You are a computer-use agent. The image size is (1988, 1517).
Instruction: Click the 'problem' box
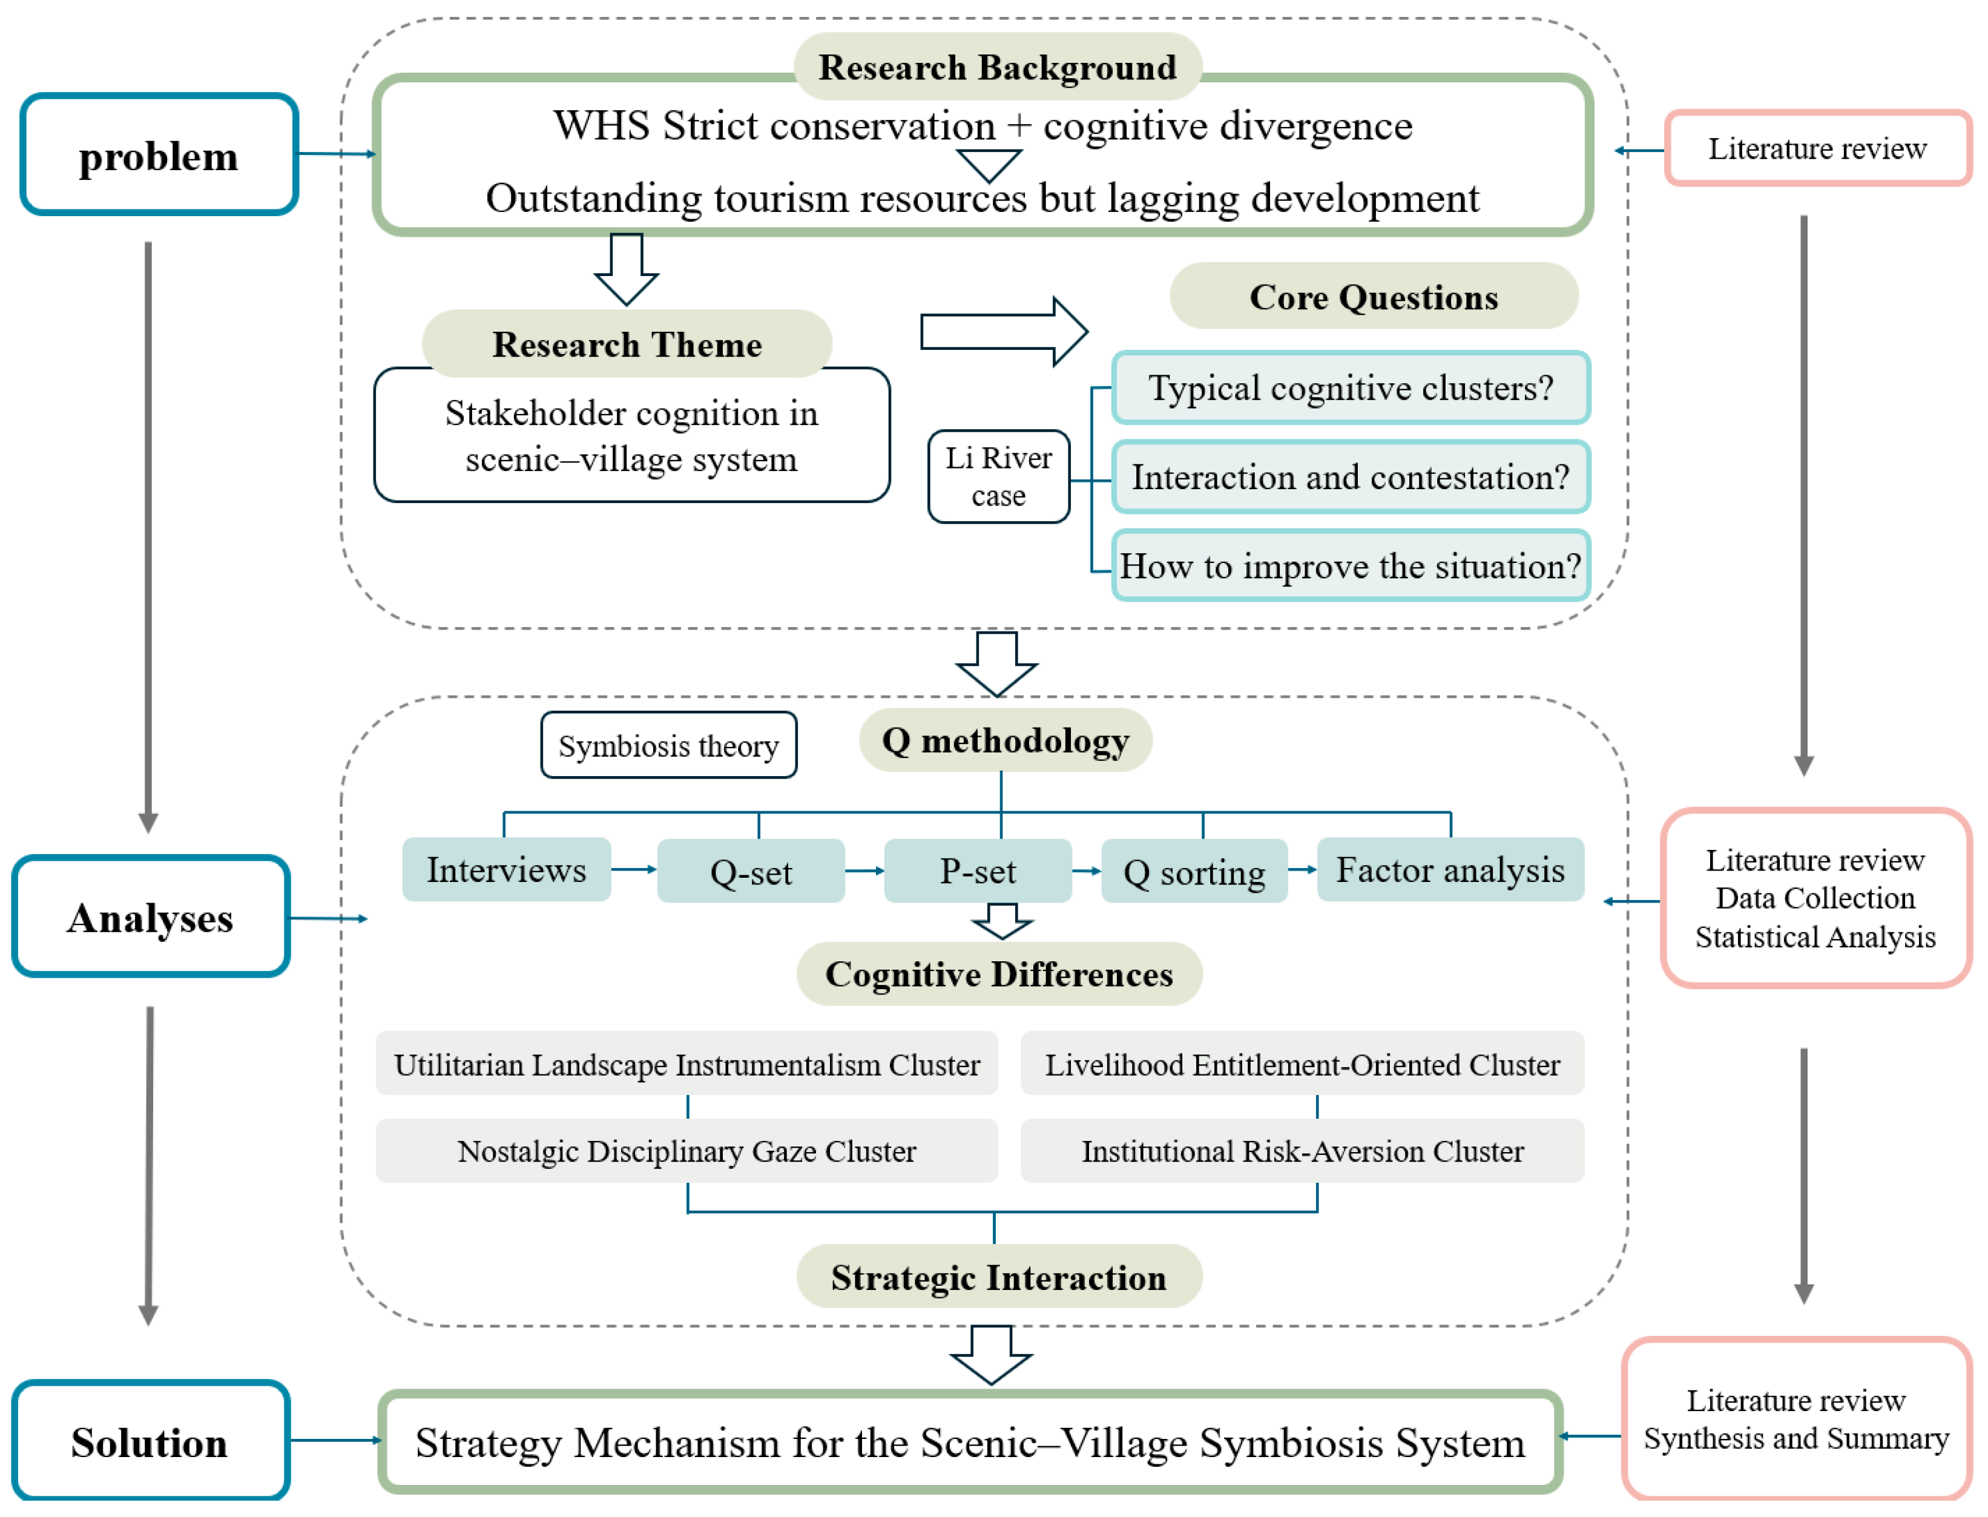(x=159, y=154)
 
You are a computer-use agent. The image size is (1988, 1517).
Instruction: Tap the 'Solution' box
(x=150, y=1442)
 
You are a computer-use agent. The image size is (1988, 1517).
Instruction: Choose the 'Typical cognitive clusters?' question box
(x=1351, y=387)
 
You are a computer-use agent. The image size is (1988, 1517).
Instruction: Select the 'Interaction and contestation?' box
(x=1351, y=477)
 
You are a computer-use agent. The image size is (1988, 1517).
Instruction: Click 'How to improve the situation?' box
(x=1351, y=566)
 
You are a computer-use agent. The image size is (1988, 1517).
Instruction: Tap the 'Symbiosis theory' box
(x=668, y=746)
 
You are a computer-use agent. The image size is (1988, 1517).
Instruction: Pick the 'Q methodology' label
(x=1006, y=740)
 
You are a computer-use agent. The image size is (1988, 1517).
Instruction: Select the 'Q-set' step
(x=751, y=871)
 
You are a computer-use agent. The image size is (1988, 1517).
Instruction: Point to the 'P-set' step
(x=978, y=871)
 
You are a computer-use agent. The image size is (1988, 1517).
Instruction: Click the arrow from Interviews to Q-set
(x=634, y=869)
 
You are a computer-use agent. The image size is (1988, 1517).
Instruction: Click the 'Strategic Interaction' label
(x=998, y=1277)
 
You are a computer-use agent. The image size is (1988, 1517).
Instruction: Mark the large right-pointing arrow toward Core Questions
(x=1004, y=331)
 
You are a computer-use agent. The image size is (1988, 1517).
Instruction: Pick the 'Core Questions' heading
(x=1373, y=296)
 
